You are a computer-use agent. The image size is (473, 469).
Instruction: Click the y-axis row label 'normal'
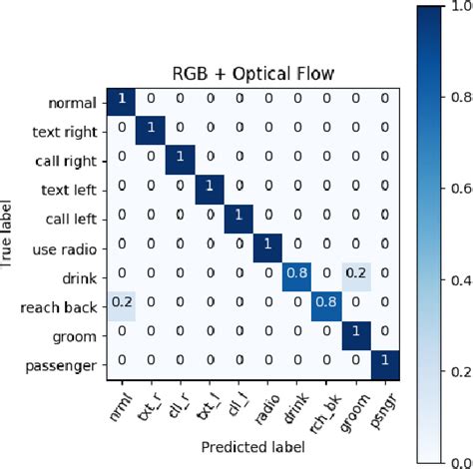(71, 103)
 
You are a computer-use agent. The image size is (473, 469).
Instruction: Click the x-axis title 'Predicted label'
(251, 450)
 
